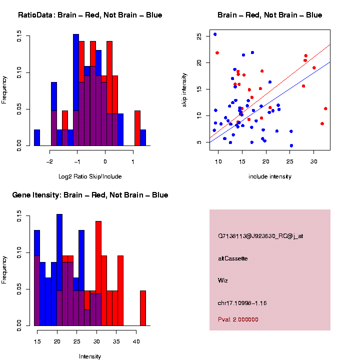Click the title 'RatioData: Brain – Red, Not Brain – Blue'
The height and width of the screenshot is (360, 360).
click(x=90, y=15)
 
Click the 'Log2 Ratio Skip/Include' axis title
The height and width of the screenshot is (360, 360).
click(x=90, y=176)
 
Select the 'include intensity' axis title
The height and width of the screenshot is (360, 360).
click(x=270, y=176)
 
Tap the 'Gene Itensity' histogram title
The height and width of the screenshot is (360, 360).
click(x=90, y=195)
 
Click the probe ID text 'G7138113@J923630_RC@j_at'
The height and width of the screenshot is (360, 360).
click(x=260, y=236)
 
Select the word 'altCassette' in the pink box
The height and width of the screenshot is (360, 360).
click(x=233, y=258)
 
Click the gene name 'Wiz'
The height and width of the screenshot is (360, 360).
click(x=223, y=280)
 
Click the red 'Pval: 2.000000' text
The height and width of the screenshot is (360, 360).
click(x=238, y=319)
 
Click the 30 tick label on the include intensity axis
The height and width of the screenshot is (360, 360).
click(x=313, y=160)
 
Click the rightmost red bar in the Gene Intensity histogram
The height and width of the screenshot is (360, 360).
click(x=143, y=308)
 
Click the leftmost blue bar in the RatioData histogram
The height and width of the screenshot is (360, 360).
click(x=37, y=137)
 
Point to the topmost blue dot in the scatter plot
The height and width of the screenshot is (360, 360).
click(x=215, y=34)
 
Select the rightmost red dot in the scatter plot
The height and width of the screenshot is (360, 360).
click(x=325, y=108)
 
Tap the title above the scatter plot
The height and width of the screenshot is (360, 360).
click(x=270, y=15)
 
